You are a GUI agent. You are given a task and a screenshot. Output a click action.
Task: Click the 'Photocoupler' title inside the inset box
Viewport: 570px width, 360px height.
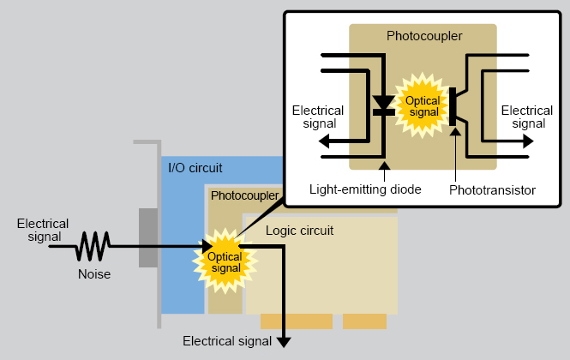(x=424, y=36)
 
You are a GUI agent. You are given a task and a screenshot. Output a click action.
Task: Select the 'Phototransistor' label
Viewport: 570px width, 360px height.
(x=492, y=189)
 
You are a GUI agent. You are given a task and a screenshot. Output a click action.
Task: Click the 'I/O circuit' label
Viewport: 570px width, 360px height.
(x=195, y=167)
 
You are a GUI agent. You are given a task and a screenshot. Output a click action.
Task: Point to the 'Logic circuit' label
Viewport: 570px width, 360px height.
(x=299, y=231)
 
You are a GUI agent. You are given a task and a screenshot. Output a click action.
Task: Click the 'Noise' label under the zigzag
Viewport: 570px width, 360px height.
(x=94, y=274)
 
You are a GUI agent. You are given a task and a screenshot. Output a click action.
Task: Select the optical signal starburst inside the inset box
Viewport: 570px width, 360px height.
(x=423, y=106)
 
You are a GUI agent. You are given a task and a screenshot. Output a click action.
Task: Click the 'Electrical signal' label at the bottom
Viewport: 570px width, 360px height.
(x=227, y=341)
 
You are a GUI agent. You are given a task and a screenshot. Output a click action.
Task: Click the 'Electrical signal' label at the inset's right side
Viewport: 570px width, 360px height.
(x=527, y=117)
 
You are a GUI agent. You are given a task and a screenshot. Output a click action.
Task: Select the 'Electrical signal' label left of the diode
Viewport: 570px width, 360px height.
(x=318, y=117)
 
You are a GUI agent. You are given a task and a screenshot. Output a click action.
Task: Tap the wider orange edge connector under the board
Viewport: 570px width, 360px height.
(x=296, y=322)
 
